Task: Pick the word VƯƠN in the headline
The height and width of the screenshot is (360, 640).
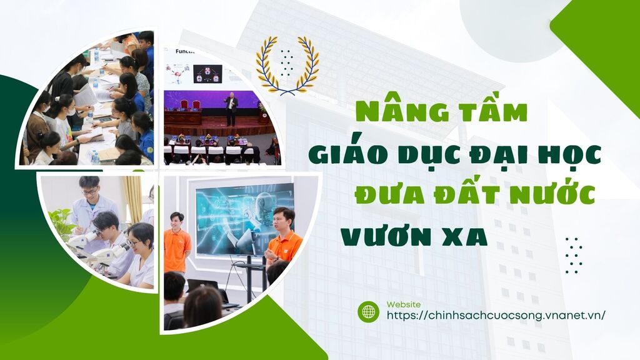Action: tap(381, 237)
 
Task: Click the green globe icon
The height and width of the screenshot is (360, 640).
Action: tap(368, 312)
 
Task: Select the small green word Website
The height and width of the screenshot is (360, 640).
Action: tap(404, 304)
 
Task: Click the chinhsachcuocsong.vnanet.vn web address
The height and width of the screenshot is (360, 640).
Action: tap(496, 316)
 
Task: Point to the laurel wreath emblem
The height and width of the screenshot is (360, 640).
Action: tap(287, 65)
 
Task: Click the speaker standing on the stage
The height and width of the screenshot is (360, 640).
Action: tap(231, 109)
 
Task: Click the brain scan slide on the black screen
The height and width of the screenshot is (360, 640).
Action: tap(207, 74)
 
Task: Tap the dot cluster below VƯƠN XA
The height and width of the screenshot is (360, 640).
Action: tap(574, 255)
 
